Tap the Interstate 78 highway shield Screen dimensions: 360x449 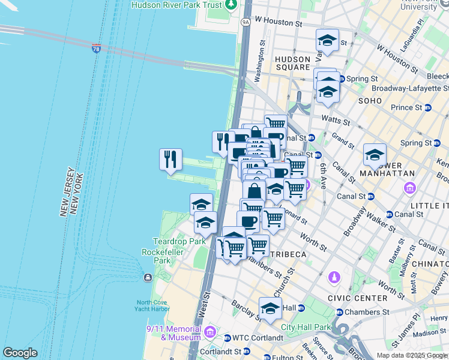point(96,47)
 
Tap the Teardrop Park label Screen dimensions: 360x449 point(179,241)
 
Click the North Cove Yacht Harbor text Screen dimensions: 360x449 point(152,305)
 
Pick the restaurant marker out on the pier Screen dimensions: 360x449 point(170,159)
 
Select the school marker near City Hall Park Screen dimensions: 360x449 point(270,308)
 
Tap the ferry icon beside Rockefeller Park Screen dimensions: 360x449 point(148,277)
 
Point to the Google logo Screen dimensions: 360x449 point(20,353)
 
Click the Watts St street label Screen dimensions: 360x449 point(334,119)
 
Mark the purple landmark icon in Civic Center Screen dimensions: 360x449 point(334,278)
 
